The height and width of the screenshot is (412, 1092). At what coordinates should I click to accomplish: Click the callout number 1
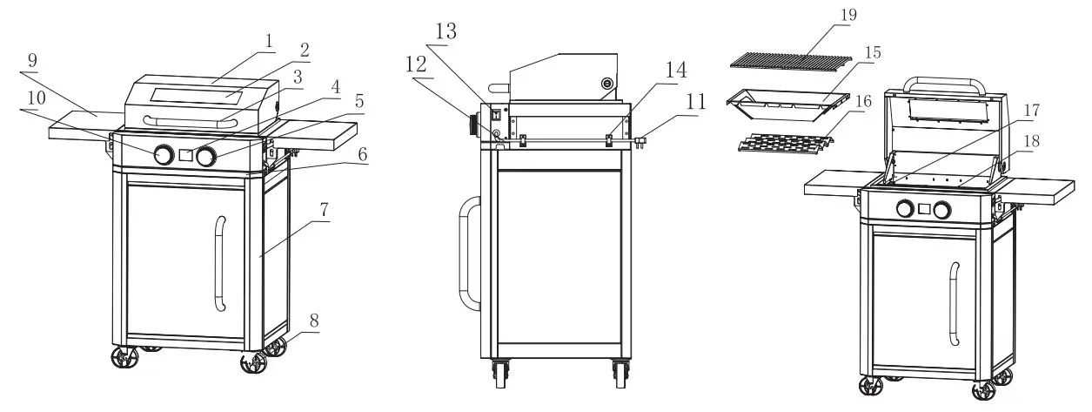tap(270, 40)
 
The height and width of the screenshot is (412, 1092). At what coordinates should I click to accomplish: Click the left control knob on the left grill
tap(163, 156)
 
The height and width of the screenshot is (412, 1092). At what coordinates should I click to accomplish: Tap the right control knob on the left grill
tap(206, 157)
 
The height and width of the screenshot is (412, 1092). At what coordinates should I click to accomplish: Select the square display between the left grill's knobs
tap(184, 156)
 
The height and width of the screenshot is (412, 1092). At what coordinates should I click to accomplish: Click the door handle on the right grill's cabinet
tap(955, 302)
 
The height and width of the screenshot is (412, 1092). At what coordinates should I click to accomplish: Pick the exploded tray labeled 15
tap(785, 106)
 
